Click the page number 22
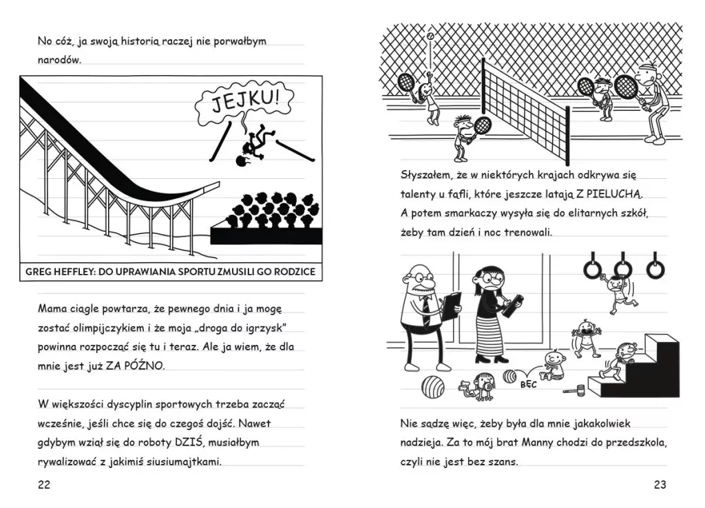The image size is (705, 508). (x=44, y=485)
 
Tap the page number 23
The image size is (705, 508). (x=660, y=485)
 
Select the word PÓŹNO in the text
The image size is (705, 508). (x=145, y=366)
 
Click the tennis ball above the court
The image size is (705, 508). (x=430, y=34)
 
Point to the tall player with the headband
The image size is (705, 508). (x=649, y=103)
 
